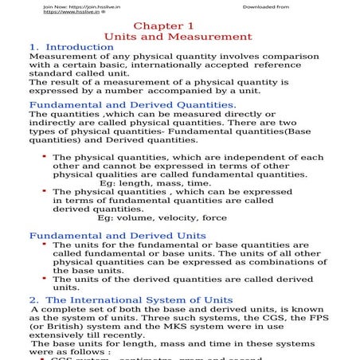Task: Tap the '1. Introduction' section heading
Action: [71, 48]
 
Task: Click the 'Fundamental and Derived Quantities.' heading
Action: [131, 104]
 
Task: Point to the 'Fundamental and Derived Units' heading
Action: [117, 236]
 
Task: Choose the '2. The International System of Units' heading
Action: [130, 299]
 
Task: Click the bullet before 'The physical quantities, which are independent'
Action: [44, 157]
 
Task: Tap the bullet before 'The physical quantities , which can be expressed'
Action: [44, 191]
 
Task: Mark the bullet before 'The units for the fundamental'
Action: [44, 245]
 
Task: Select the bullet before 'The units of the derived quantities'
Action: [44, 279]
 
